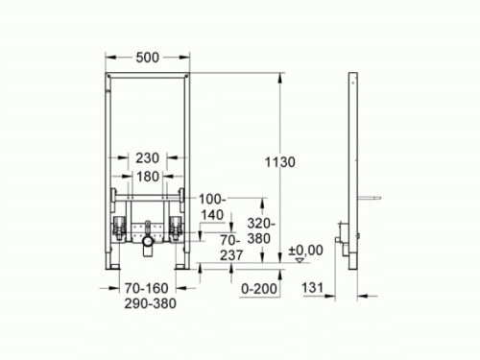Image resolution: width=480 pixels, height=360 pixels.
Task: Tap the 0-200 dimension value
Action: pyautogui.click(x=256, y=287)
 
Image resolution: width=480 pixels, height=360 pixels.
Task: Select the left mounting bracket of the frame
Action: pyautogui.click(x=119, y=229)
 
